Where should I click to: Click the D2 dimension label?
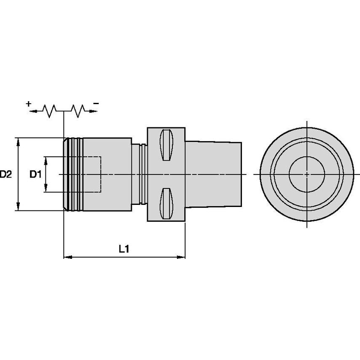pos(6,174)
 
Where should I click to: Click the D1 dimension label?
pos(36,174)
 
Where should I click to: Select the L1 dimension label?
pos(123,249)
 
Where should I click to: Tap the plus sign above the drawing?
pos(29,103)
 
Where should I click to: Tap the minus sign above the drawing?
pos(96,103)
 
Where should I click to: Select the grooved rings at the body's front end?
pos(74,174)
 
